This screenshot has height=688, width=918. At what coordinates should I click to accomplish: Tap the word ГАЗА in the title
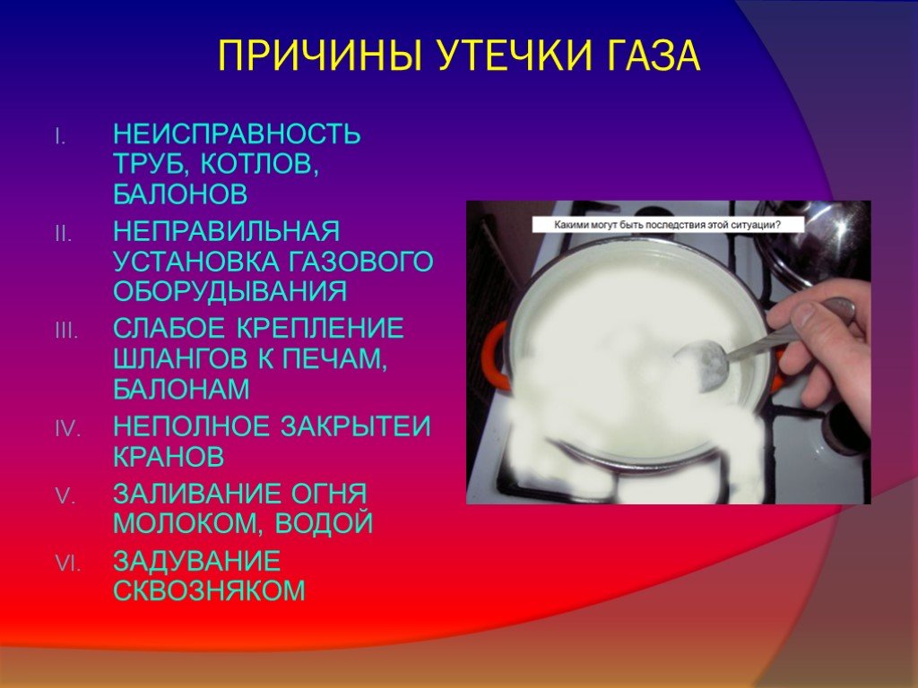tap(651, 56)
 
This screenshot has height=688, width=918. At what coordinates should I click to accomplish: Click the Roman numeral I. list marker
tap(60, 136)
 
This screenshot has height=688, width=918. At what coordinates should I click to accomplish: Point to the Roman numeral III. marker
tap(66, 331)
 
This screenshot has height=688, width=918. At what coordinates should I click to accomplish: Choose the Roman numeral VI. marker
tap(68, 563)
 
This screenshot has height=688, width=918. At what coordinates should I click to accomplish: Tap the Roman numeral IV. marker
tap(68, 429)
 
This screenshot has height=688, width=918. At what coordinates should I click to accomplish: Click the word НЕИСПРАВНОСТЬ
tap(237, 134)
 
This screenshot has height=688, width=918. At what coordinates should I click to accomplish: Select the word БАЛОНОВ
tap(180, 194)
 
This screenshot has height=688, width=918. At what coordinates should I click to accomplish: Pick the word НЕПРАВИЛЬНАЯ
tap(227, 231)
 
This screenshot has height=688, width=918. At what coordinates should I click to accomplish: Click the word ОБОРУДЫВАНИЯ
tap(230, 291)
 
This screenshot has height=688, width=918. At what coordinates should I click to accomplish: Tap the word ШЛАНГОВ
tap(181, 358)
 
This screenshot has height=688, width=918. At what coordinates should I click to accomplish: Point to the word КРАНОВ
tap(169, 456)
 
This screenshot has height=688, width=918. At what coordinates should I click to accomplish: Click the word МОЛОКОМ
tap(188, 522)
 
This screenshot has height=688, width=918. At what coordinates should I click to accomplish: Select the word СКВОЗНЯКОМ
tap(209, 590)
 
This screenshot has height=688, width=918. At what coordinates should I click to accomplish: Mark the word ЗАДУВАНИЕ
tap(196, 561)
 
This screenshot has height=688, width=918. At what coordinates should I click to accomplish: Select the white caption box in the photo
tap(668, 225)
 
